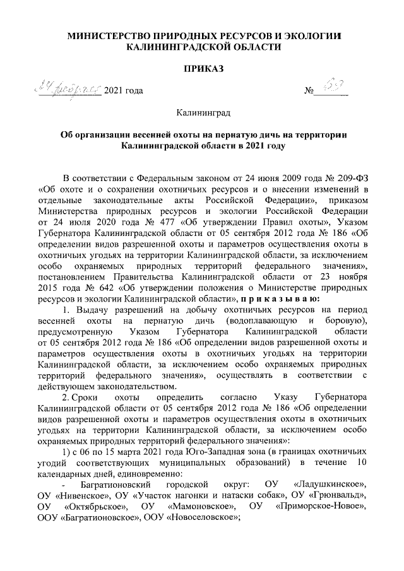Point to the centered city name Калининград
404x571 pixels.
[x=201, y=114]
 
